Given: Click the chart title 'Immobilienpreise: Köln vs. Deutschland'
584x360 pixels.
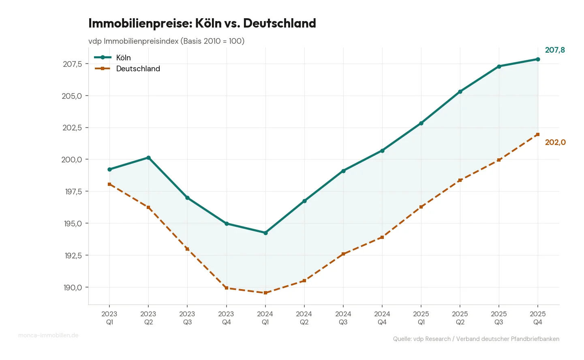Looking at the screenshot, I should click(202, 23).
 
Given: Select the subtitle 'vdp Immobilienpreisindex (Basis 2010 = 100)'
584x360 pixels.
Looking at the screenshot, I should click(166, 41).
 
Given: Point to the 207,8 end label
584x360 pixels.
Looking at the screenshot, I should click(554, 50).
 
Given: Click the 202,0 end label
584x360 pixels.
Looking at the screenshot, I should click(555, 142).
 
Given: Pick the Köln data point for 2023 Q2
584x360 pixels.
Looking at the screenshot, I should click(148, 158).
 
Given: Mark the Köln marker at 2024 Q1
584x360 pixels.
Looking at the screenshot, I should click(265, 233).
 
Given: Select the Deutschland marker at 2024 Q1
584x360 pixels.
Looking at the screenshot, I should click(265, 293).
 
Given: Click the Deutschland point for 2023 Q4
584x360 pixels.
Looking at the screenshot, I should click(226, 288).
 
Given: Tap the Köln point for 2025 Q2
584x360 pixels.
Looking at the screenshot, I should click(460, 92).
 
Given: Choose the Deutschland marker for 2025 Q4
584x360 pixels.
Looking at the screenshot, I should click(538, 134).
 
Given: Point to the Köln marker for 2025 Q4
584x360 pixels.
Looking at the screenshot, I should click(538, 59).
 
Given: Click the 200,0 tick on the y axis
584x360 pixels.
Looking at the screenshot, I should click(72, 160).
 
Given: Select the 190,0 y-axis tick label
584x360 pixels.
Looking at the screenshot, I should click(73, 288).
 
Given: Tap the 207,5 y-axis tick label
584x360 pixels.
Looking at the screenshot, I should click(73, 64).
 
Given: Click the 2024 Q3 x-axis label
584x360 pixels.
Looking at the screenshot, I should click(343, 318).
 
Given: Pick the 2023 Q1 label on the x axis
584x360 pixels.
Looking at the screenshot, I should click(109, 318).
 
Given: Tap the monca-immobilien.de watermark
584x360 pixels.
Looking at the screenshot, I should click(48, 335).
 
